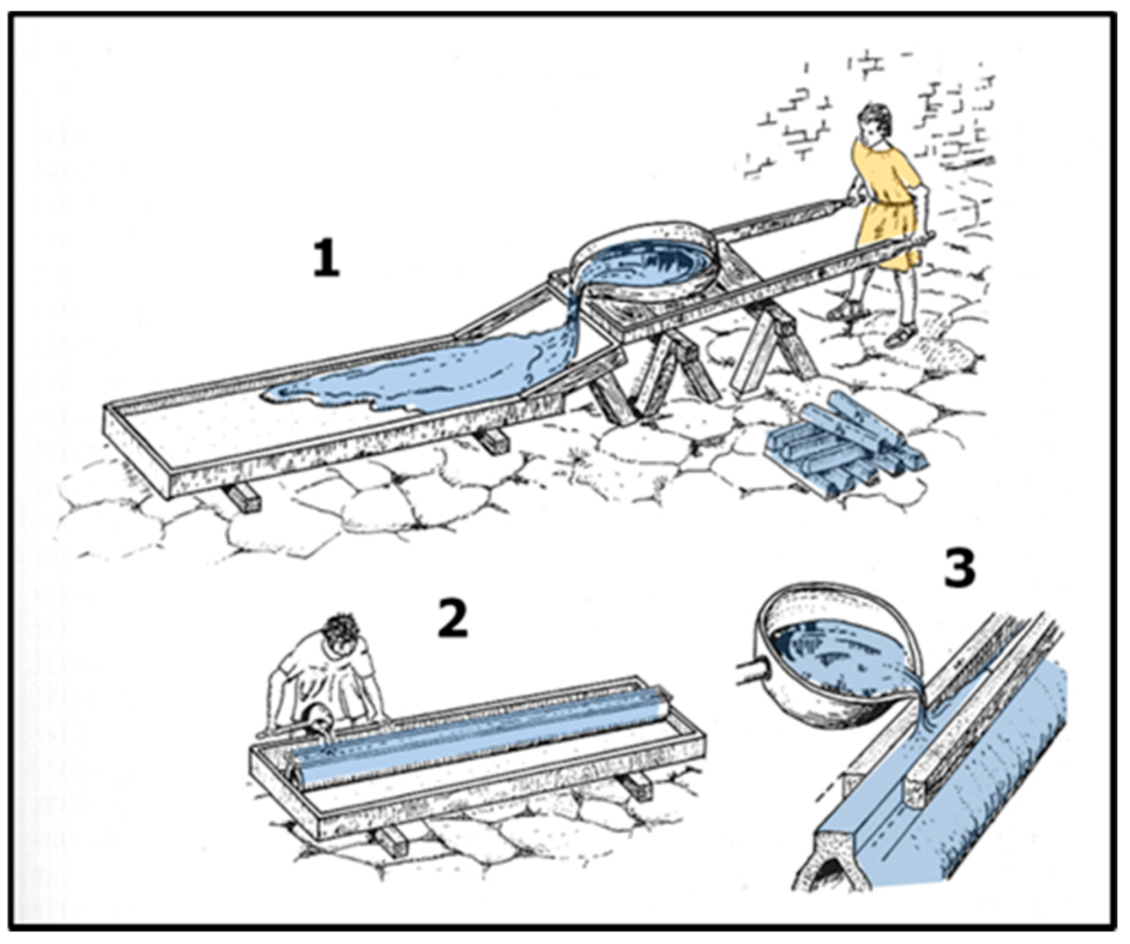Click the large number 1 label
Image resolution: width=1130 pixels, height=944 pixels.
tap(326, 259)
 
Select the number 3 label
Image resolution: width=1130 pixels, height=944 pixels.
tap(959, 567)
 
